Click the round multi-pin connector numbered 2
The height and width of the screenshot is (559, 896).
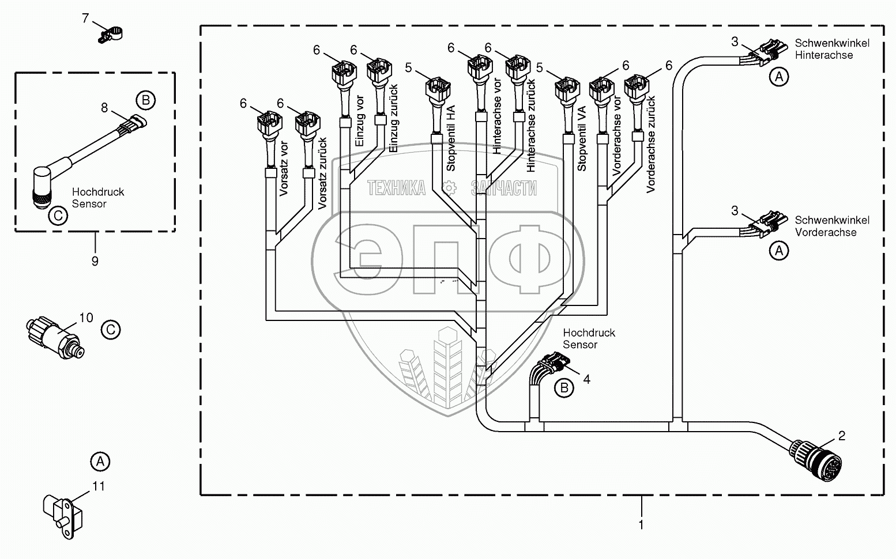(816, 460)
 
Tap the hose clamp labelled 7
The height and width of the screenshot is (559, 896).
(110, 35)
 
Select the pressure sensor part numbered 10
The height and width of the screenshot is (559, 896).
(55, 338)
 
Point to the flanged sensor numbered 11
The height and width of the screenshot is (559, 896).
(63, 516)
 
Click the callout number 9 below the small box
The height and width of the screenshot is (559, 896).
(95, 261)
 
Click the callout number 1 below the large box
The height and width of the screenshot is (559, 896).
(641, 524)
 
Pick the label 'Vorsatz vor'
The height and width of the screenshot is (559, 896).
(284, 169)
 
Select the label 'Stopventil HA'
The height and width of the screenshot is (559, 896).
(451, 138)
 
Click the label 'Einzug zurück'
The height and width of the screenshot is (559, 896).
(394, 118)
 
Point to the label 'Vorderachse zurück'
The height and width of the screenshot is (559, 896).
(651, 145)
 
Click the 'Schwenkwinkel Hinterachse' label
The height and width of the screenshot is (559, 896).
(832, 49)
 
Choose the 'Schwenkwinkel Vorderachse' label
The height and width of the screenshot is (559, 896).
(832, 226)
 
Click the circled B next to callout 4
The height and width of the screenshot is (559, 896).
(564, 388)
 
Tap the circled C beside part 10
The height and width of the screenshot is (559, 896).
(110, 330)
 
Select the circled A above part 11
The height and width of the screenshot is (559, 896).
(100, 462)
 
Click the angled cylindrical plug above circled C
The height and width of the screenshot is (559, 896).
(42, 187)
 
